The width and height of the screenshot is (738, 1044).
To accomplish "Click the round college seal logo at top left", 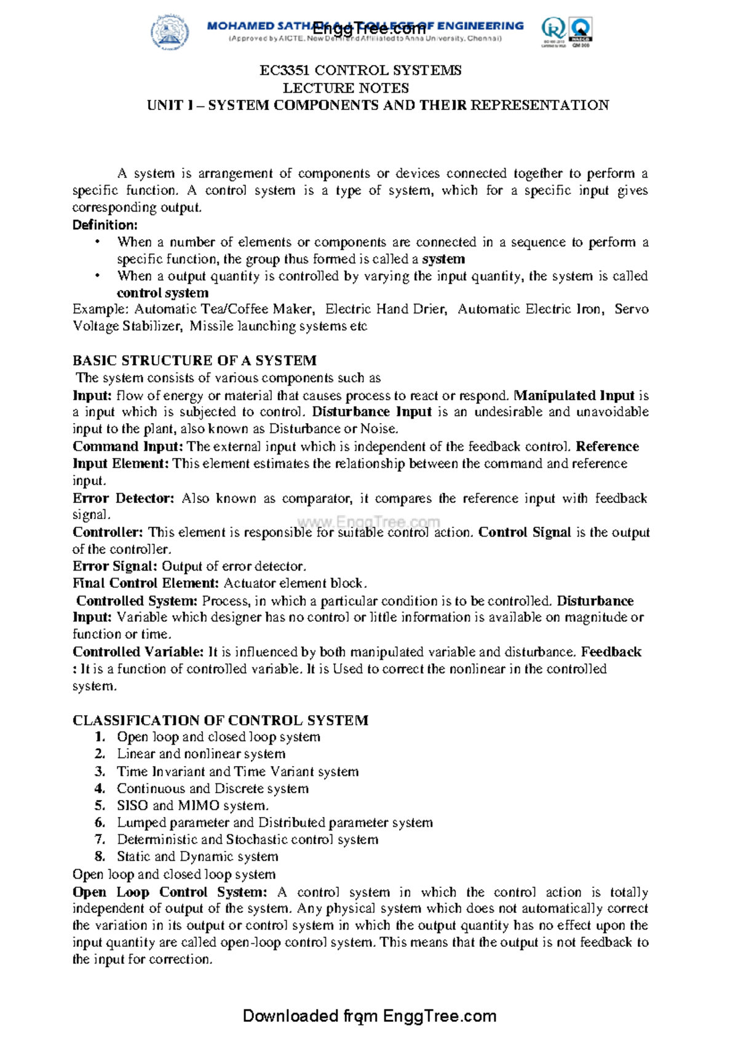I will [170, 32].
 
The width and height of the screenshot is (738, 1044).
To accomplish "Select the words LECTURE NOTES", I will [346, 88].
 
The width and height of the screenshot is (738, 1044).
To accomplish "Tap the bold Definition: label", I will [105, 225].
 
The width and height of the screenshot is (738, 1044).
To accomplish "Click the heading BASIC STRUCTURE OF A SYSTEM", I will [194, 360].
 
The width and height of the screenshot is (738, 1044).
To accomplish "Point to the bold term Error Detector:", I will [123, 498].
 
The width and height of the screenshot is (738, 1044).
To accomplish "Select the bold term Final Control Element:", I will [146, 583].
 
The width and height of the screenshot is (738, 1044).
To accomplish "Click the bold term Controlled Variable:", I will [138, 652].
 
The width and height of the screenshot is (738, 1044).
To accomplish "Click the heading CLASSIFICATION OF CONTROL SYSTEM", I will [220, 720].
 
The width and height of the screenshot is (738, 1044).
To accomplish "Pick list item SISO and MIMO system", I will [192, 805].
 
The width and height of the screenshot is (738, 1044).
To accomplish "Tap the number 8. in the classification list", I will [100, 856].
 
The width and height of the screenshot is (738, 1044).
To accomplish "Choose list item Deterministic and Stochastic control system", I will [247, 840].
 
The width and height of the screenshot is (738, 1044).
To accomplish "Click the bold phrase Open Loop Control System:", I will [170, 892].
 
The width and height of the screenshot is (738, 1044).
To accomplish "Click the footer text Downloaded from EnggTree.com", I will [369, 1016].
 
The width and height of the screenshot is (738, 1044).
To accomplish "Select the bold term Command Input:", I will [127, 446].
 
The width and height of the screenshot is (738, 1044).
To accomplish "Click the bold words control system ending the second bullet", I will [162, 293].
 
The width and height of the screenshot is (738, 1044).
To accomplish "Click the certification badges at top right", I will [566, 32].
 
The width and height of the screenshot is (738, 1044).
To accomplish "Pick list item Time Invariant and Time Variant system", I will [237, 772].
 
